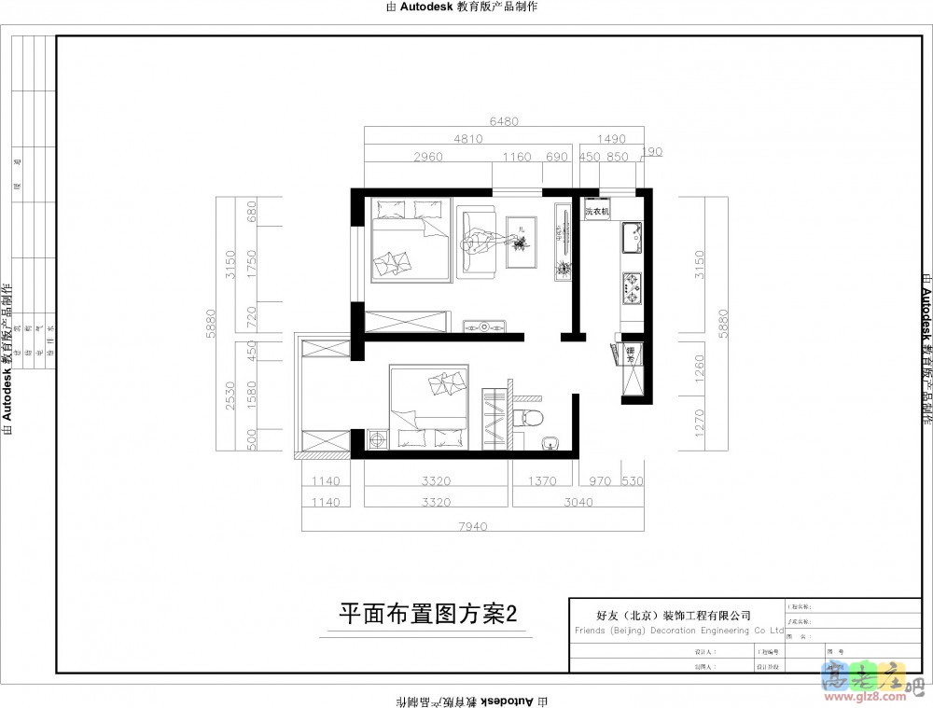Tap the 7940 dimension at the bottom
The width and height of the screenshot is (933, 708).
click(473, 527)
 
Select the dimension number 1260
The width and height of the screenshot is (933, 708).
click(700, 368)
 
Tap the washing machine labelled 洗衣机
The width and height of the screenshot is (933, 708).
click(596, 211)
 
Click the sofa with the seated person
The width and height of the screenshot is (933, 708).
click(479, 244)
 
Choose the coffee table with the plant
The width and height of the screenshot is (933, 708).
click(520, 241)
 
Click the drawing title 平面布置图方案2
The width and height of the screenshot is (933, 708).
click(427, 613)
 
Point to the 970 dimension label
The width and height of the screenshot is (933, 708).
click(600, 481)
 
